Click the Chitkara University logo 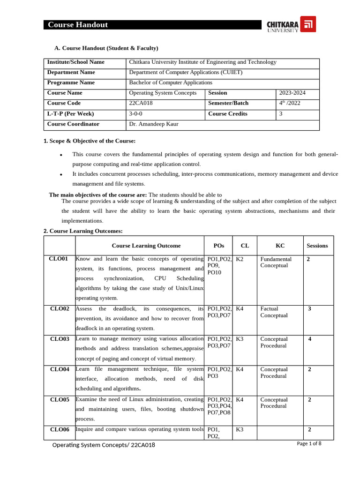291,24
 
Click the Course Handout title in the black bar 78,25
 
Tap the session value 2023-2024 292,93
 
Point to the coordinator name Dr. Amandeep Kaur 153,124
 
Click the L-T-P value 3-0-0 136,114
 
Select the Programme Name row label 71,82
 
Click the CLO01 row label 59,259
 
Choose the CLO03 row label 60,339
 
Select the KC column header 280,246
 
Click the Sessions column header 317,246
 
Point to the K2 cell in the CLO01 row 240,259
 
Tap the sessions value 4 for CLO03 310,339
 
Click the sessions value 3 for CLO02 310,308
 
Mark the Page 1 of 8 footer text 309,443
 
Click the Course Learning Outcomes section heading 83,231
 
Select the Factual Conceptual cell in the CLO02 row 274,312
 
